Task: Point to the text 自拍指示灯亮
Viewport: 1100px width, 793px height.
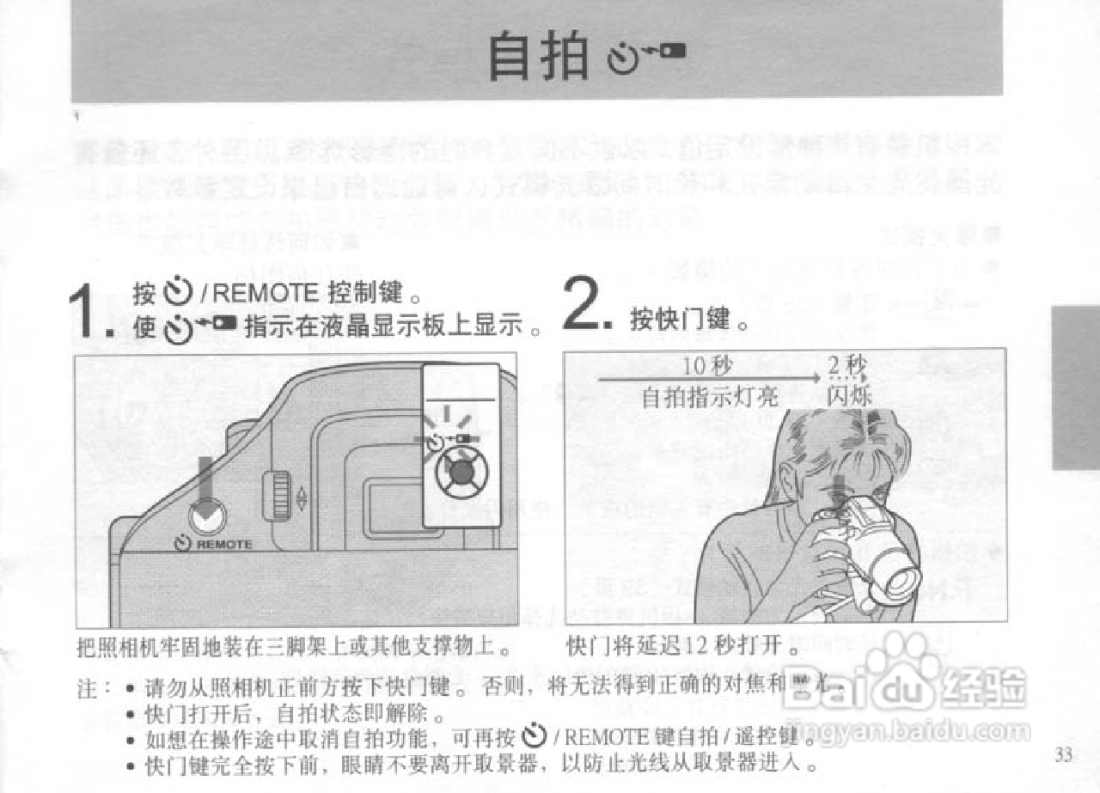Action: pos(709,396)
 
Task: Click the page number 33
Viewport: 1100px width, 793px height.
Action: pos(1064,755)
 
